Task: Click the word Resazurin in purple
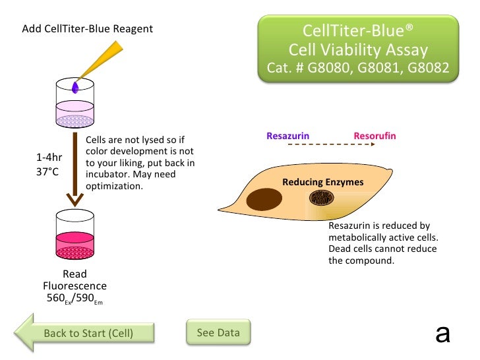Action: point(287,136)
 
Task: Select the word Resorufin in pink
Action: point(375,136)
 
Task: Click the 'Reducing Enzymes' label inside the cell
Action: point(322,182)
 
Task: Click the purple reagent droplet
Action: point(76,86)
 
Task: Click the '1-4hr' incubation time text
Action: point(49,158)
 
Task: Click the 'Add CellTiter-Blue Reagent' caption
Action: point(87,29)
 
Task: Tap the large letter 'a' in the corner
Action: point(442,333)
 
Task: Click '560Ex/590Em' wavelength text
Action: point(75,297)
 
